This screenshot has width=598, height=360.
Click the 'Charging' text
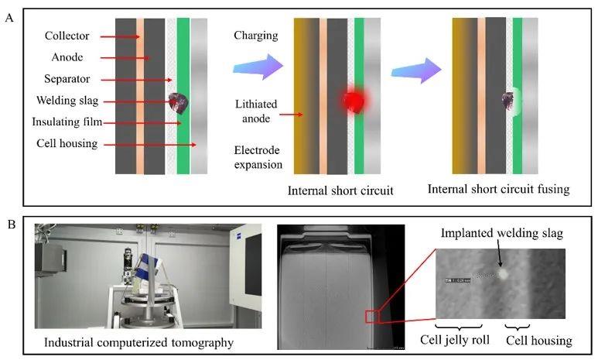click(256, 36)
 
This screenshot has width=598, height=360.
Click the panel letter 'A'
click(10, 15)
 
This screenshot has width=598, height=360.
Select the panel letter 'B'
click(10, 225)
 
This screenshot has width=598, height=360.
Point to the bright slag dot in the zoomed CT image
click(504, 273)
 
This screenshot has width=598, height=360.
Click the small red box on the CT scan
click(373, 315)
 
